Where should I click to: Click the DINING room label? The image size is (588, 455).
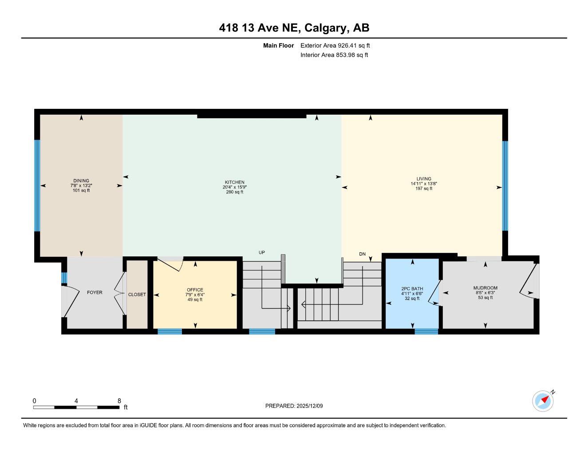tap(81, 181)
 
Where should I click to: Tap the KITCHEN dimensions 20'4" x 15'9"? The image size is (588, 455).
tap(235, 187)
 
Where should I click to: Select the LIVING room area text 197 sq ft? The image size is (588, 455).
tap(421, 188)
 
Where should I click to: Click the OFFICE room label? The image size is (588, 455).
tap(195, 290)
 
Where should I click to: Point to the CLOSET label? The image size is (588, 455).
tap(137, 295)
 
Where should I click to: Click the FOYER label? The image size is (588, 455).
tap(95, 292)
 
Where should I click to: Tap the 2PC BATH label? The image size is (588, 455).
tap(412, 289)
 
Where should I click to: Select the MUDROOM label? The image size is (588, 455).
tap(485, 288)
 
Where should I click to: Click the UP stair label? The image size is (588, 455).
tap(262, 252)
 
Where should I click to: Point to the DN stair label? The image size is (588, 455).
tap(362, 254)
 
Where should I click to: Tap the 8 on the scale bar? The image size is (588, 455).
tap(119, 400)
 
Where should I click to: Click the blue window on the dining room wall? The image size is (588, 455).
tap(37, 186)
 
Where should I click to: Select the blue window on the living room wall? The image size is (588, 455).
tap(505, 186)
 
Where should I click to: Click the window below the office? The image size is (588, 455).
tap(170, 331)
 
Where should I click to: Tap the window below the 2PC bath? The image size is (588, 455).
tap(426, 331)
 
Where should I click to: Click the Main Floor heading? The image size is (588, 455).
tap(278, 45)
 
